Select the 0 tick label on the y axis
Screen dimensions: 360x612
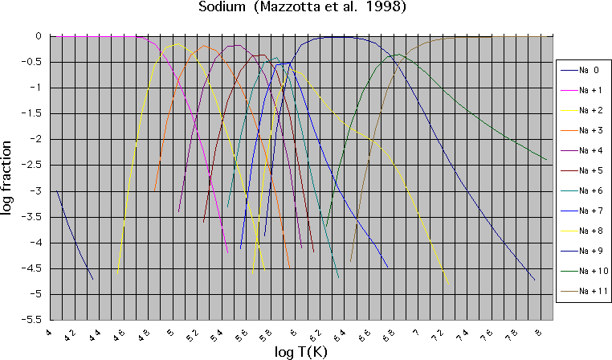click(x=39, y=36)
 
